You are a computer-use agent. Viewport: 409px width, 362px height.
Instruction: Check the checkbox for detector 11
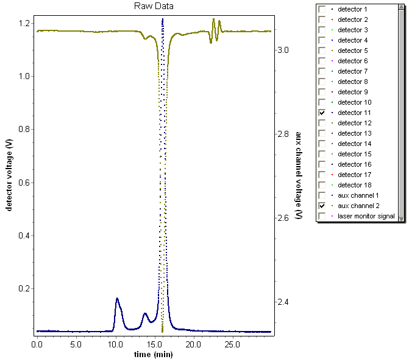pos(321,113)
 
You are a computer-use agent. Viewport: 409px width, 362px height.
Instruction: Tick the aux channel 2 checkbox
pos(321,206)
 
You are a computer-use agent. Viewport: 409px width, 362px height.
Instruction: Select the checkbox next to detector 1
pos(321,10)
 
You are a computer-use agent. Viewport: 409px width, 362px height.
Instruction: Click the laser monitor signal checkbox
pos(321,217)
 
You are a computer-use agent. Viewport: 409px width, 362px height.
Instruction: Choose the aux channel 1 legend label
pos(358,196)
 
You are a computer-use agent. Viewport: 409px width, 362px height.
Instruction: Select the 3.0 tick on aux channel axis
pos(284,50)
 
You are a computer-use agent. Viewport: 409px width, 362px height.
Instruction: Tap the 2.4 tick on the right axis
pos(284,302)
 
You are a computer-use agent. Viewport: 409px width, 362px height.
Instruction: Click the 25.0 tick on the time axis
pos(232,344)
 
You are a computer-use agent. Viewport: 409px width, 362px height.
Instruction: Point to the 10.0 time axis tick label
pos(115,344)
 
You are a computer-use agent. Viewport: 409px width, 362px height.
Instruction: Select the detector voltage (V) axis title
pos(9,175)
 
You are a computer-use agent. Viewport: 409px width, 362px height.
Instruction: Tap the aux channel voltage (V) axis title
pos(299,176)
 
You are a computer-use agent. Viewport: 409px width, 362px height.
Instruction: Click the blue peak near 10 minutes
pos(117,299)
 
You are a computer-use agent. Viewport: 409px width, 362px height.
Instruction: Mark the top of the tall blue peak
pos(163,19)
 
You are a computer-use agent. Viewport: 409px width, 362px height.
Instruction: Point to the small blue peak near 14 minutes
pos(145,314)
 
